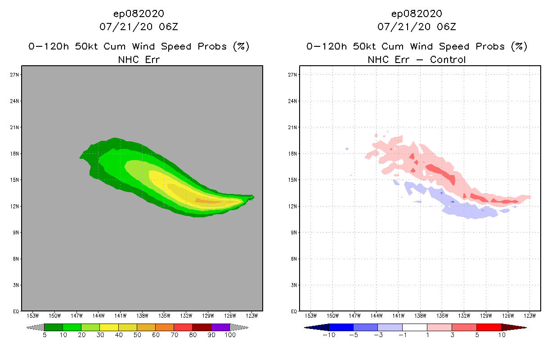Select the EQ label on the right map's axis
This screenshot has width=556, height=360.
[x=294, y=311]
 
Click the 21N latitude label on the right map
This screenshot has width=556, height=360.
[x=293, y=127]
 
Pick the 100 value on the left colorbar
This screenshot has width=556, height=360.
[x=230, y=335]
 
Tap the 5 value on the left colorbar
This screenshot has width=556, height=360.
[x=45, y=335]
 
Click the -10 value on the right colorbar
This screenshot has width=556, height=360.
[x=329, y=335]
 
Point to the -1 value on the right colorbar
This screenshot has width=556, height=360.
[x=402, y=335]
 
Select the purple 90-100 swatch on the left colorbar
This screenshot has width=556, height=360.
[x=220, y=327]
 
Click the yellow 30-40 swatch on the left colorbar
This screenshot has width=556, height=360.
[x=109, y=327]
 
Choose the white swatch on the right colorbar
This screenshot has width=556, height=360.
[x=414, y=327]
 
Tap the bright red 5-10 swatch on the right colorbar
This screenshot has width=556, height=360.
[x=489, y=327]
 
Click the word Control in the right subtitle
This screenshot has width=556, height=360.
[x=448, y=59]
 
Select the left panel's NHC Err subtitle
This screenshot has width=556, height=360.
[x=139, y=59]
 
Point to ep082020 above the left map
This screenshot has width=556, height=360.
[x=139, y=13]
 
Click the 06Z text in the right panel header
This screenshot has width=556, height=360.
[x=446, y=27]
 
